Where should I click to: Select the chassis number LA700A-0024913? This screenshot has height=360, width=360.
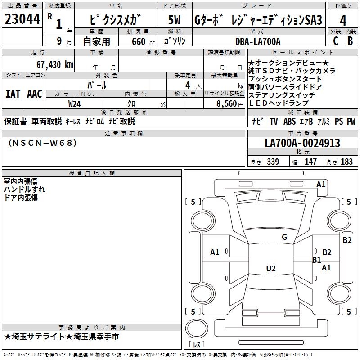tap(302, 144)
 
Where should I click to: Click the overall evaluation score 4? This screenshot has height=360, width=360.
tap(343, 20)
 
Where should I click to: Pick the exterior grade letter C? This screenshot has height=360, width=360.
tap(335, 41)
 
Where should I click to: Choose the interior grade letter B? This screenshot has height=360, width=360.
tap(350, 41)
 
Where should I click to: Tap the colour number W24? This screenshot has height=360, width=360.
tap(75, 103)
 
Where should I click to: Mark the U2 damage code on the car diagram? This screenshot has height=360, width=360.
tap(270, 269)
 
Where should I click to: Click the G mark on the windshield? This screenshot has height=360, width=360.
tap(284, 237)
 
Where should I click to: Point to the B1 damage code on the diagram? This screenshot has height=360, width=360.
tap(317, 260)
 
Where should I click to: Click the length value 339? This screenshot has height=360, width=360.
tap(273, 162)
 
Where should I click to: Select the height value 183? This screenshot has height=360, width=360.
tap(346, 162)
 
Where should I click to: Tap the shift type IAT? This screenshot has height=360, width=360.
tap(13, 94)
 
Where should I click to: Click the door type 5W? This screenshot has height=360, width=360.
tap(175, 20)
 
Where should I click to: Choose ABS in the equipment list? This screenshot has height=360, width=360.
tap(289, 121)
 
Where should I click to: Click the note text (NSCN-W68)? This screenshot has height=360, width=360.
tap(43, 143)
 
